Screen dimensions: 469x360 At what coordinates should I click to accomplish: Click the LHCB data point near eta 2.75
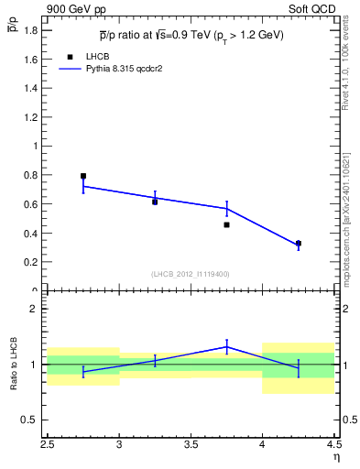tap(83, 176)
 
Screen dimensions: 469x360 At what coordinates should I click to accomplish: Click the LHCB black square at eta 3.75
tap(226, 224)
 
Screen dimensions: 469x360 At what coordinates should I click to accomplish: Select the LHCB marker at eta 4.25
tap(298, 244)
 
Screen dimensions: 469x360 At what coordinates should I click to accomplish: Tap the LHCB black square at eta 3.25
tap(155, 202)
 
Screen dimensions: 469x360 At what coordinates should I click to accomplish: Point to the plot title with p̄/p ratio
tap(191, 36)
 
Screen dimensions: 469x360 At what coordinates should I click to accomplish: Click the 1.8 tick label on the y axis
tap(31, 30)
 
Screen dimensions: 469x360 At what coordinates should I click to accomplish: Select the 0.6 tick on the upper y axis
tap(31, 204)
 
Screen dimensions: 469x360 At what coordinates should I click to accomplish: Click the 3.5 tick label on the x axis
tap(191, 448)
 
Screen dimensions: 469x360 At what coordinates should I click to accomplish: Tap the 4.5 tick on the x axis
tap(333, 448)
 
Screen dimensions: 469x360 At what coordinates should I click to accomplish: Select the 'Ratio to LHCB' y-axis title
tap(14, 365)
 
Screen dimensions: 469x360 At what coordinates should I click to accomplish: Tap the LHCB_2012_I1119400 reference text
tap(191, 274)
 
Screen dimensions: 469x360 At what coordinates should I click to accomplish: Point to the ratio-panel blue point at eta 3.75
tap(226, 347)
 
